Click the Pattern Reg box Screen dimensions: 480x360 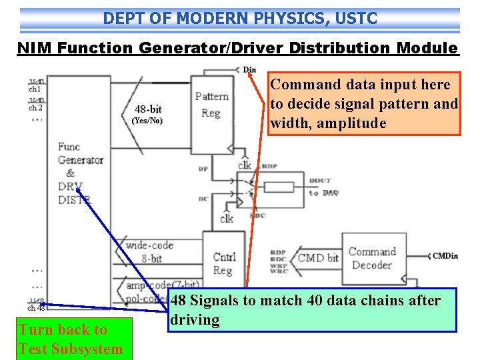point(211,105)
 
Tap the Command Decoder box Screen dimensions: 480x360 point(371,258)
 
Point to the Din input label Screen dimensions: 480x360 point(249,69)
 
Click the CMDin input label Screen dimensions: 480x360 point(445,256)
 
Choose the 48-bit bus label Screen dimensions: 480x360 point(147,109)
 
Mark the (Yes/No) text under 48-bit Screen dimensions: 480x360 point(147,121)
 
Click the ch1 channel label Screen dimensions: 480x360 point(35,89)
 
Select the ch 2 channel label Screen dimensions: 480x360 point(35,107)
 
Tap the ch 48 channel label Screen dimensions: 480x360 point(36,308)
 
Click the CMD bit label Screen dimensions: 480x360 point(317,258)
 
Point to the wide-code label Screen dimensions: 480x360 point(150,245)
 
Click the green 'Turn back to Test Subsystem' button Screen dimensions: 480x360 point(71,339)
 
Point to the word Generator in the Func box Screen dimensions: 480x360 point(81,160)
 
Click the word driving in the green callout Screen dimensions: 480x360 point(195,320)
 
